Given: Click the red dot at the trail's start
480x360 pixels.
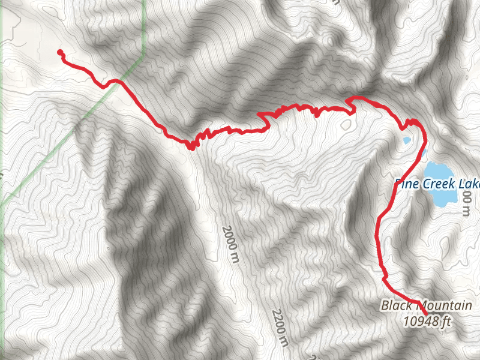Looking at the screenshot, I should point(59,52).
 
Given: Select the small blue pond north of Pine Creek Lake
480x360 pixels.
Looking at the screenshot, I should point(406,142).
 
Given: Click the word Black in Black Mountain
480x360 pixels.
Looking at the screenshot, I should point(395,306).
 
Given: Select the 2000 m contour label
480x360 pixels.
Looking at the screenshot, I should point(229,244).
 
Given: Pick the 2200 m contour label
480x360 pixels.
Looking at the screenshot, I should point(280,328).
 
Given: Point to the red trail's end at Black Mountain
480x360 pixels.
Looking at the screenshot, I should point(425,313).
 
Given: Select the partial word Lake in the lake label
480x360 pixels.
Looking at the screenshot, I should point(467,184).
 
